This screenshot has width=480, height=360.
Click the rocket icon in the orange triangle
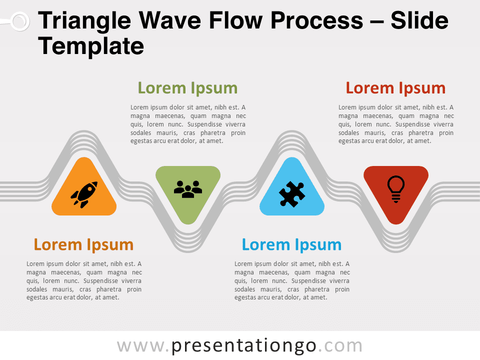(83, 194)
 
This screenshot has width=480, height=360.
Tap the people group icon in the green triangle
(188, 189)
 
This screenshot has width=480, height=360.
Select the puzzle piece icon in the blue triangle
(292, 194)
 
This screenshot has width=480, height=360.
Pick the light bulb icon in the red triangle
(396, 188)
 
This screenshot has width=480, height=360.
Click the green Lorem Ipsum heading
(187, 88)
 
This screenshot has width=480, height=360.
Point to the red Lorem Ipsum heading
(395, 88)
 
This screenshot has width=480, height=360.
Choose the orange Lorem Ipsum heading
(83, 244)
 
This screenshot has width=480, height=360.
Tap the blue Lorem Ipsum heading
(291, 244)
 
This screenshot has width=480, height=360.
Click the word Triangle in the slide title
(84, 21)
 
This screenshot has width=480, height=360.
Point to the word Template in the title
(91, 46)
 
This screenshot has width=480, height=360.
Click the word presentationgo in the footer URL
(244, 345)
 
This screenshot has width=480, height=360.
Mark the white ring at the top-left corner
(19, 21)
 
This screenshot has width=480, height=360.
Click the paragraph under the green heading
(188, 124)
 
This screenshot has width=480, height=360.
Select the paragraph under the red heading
(396, 124)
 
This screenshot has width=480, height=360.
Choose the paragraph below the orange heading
(84, 280)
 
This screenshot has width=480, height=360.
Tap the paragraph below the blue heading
(292, 280)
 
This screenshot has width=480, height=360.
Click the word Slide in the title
(419, 21)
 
